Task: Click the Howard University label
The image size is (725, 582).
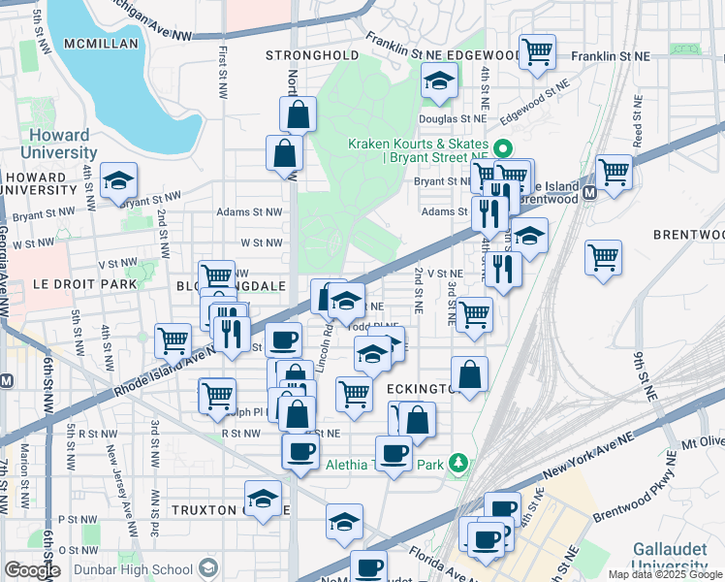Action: [x=61, y=144]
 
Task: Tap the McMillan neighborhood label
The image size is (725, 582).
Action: [x=102, y=45]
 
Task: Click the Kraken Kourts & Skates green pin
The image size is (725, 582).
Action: [x=502, y=150]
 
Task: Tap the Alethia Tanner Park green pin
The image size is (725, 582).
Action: [x=459, y=465]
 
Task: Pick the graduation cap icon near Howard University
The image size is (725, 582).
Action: [x=119, y=179]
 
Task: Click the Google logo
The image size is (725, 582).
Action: [x=33, y=569]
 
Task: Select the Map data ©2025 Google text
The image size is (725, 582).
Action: [x=665, y=574]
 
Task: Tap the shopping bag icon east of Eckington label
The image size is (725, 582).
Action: [x=469, y=374]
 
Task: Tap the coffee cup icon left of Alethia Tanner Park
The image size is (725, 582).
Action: [x=394, y=453]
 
